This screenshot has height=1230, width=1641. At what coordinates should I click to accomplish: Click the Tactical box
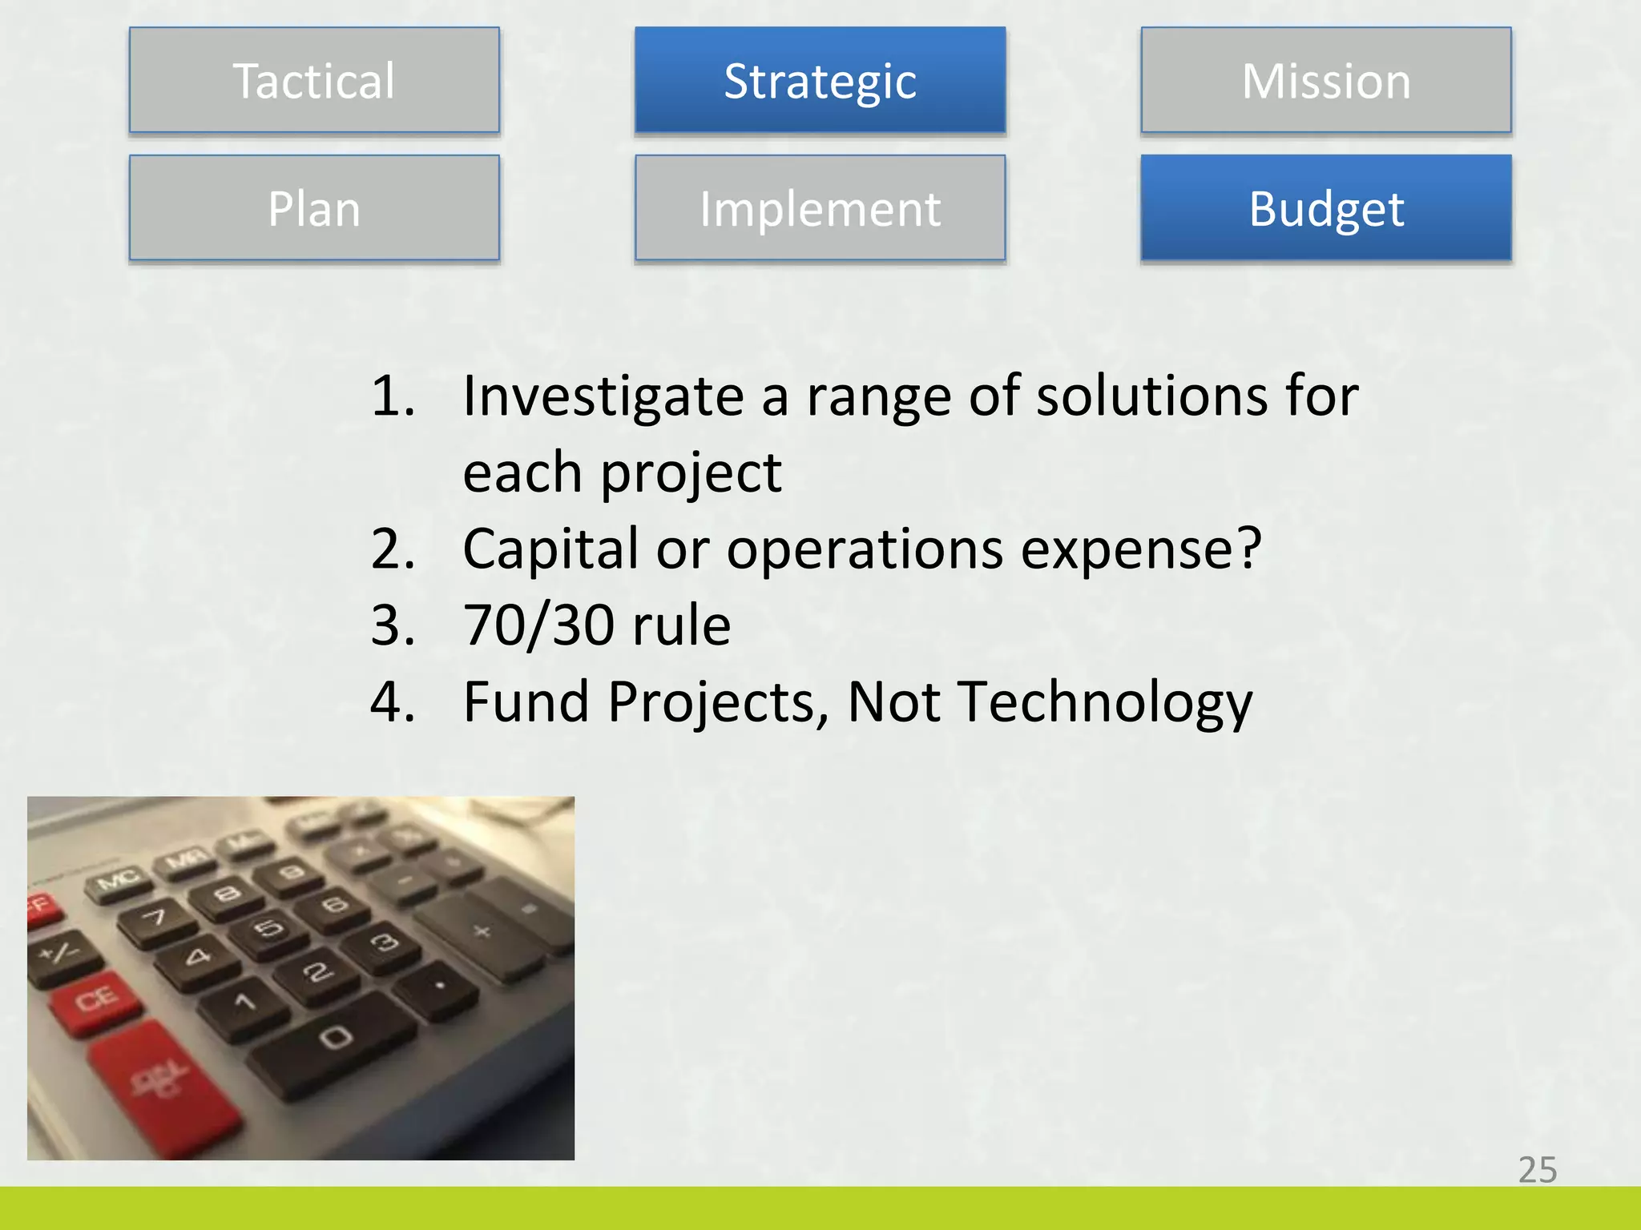pos(314,80)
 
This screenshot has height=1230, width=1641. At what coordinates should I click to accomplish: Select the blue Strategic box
pos(820,80)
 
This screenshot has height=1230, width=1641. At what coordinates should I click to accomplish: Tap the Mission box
pos(1326,80)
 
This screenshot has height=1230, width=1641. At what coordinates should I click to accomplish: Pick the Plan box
pos(314,208)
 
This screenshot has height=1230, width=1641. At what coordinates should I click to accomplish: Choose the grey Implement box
pos(820,208)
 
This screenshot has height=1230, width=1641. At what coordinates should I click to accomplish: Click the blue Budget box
pos(1326,208)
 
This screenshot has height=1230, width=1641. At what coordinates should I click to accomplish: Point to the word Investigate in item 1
pos(603,398)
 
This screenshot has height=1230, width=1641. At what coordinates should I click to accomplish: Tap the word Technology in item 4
pos(1105,702)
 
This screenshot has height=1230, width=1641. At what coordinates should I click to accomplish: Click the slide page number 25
pos(1537,1170)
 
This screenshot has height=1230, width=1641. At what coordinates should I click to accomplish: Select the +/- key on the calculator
pos(61,953)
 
